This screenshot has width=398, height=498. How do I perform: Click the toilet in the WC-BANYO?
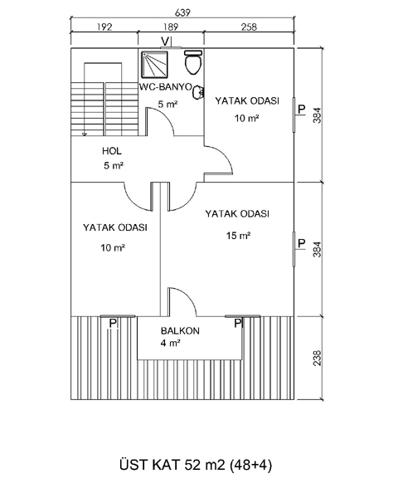coord(193,62)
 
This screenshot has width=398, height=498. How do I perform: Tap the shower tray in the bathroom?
coord(154,65)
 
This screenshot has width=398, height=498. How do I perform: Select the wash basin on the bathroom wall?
coord(198,92)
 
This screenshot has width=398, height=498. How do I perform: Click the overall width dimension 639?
coord(182,12)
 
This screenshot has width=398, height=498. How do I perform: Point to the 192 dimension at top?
coord(104,27)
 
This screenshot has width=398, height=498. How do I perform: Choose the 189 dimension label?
coord(171,27)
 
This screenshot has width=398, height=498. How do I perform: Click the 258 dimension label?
coord(249,27)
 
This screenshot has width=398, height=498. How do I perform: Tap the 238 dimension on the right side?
coord(317,358)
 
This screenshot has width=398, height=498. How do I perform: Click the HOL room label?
coord(112,151)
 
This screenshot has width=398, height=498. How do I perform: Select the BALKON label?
coord(180,331)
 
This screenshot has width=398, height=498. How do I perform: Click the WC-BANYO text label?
coord(166,86)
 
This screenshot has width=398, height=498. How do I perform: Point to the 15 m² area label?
coord(238,236)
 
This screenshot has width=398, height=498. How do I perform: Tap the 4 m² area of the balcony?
coord(171,343)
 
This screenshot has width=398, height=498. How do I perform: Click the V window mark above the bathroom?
coord(165,41)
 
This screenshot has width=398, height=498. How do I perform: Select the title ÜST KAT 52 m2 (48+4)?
coord(196,465)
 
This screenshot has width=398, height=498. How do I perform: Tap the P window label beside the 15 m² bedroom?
coord(302,243)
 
